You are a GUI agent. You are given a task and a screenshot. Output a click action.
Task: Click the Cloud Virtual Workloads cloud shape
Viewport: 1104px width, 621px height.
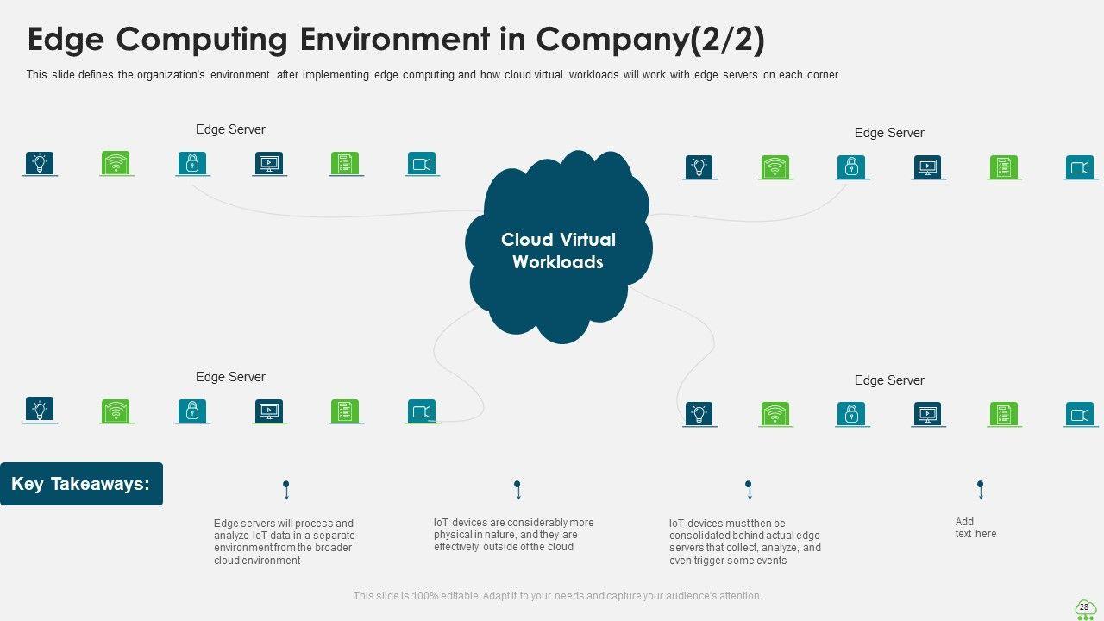pyautogui.click(x=558, y=247)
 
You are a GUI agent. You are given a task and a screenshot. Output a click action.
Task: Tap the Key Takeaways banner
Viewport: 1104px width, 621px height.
pyautogui.click(x=81, y=484)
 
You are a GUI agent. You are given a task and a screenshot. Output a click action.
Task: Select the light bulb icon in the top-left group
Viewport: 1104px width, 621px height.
pyautogui.click(x=40, y=163)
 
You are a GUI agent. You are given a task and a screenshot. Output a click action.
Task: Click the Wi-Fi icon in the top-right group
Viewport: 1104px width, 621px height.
pyautogui.click(x=775, y=166)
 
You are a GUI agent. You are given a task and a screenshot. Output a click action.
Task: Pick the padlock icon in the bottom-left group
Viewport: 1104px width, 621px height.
pyautogui.click(x=192, y=411)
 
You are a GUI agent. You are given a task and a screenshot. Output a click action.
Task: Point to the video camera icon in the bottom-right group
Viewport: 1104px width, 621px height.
pyautogui.click(x=1081, y=415)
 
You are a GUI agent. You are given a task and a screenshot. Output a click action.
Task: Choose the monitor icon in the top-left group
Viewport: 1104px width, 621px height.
pyautogui.click(x=269, y=163)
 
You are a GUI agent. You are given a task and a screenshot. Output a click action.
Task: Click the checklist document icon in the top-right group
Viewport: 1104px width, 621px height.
pyautogui.click(x=1004, y=166)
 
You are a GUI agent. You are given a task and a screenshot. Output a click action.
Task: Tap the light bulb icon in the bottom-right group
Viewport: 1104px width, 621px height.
pyautogui.click(x=699, y=415)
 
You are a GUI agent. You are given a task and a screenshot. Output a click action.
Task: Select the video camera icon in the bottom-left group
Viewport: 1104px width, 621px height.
pyautogui.click(x=422, y=411)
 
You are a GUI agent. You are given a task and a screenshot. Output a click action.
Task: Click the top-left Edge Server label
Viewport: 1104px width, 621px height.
pyautogui.click(x=230, y=129)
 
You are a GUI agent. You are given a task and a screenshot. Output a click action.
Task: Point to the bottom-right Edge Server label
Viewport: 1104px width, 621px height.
pyautogui.click(x=889, y=380)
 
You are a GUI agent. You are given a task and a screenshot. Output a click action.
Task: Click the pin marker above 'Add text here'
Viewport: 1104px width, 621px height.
pyautogui.click(x=981, y=490)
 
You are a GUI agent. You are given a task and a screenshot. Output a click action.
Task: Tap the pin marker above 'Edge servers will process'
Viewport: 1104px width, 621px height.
pyautogui.click(x=286, y=490)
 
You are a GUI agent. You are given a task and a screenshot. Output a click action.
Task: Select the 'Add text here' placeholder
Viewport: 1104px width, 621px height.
pyautogui.click(x=975, y=527)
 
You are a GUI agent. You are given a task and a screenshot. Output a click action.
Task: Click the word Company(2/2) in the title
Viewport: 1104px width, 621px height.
pyautogui.click(x=650, y=39)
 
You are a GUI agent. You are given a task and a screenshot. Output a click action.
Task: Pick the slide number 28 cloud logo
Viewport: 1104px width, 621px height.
pyautogui.click(x=1084, y=609)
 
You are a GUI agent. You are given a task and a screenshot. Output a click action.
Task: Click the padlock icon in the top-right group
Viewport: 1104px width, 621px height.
pyautogui.click(x=851, y=166)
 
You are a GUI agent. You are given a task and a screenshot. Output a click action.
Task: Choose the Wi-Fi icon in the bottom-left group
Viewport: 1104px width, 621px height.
pyautogui.click(x=116, y=411)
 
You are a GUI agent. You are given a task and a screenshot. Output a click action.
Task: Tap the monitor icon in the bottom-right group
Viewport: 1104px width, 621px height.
pyautogui.click(x=928, y=415)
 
